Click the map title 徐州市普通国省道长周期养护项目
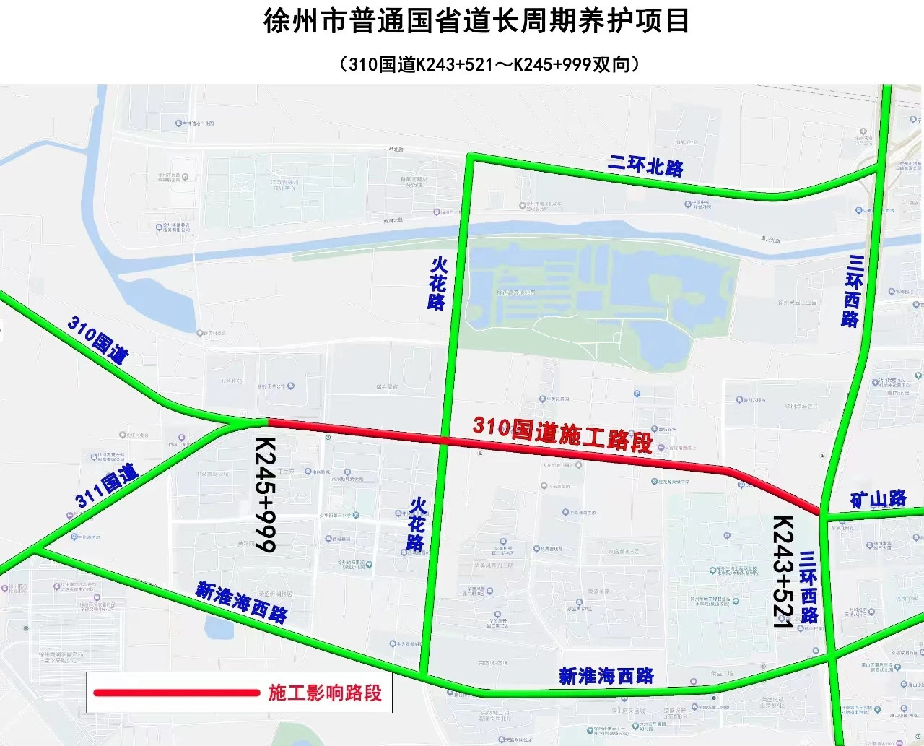(x=476, y=22)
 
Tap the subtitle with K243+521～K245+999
(x=489, y=64)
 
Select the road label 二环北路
(x=645, y=165)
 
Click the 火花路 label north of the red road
(x=437, y=283)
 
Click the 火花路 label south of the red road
(x=417, y=524)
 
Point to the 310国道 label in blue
(x=98, y=339)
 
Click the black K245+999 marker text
(x=265, y=494)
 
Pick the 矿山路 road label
(x=878, y=499)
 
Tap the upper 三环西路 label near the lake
(x=853, y=291)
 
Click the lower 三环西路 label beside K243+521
(x=808, y=586)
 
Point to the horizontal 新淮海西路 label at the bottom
(x=606, y=676)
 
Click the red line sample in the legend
(x=176, y=693)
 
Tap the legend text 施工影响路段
(x=325, y=693)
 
